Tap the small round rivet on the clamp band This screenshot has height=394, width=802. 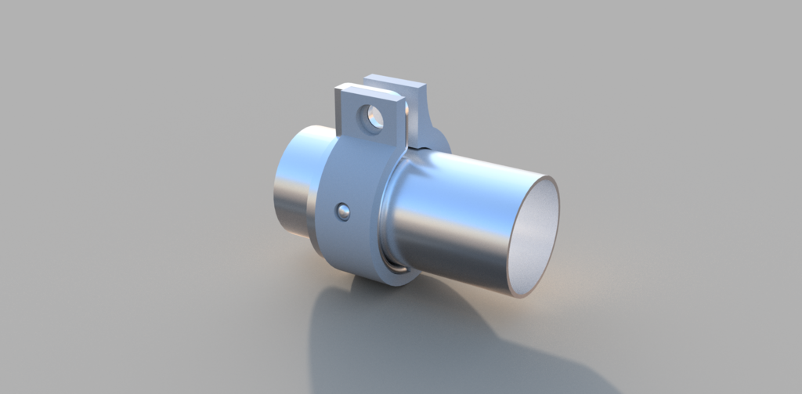(342, 211)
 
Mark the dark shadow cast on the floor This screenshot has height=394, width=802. (407, 337)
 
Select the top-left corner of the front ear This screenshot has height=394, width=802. (338, 89)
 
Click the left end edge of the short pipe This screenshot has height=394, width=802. (276, 188)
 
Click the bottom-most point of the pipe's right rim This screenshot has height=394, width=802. (518, 296)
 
